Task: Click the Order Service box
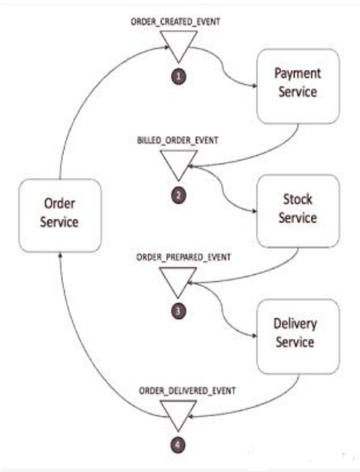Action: (60, 216)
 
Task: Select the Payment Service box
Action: (298, 86)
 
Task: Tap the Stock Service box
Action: (298, 210)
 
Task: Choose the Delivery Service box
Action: (298, 336)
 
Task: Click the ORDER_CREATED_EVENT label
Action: (176, 22)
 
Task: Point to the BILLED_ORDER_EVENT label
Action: (178, 140)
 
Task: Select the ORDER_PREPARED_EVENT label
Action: (184, 257)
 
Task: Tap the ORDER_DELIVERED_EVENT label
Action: (187, 391)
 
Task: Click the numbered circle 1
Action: (179, 77)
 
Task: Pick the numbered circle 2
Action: (179, 195)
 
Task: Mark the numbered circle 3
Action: (178, 311)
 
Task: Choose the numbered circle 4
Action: (178, 444)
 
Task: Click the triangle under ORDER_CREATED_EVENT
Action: (179, 42)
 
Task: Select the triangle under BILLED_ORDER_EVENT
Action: (179, 161)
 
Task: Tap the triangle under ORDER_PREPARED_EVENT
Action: (178, 278)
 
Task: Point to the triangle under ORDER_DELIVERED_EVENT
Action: (178, 412)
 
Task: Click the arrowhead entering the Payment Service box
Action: (254, 86)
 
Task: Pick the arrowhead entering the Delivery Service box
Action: (254, 336)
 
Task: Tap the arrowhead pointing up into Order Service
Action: (60, 255)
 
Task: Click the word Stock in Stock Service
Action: (298, 199)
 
